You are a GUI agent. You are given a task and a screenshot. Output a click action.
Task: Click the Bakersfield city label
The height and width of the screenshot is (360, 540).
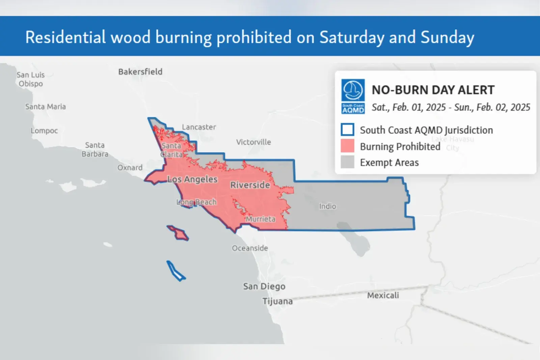[x=140, y=72]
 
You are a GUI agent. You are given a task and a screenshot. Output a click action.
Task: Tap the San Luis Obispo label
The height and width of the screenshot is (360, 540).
[x=31, y=79]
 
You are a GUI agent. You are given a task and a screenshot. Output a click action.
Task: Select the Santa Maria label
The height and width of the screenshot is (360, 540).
[x=46, y=107]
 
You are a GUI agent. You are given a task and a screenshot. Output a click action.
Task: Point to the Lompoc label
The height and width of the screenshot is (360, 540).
[x=44, y=131]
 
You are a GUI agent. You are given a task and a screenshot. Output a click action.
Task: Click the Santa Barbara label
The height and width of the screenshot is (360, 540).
[x=95, y=150]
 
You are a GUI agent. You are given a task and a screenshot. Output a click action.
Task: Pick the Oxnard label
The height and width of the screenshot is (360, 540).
[x=130, y=168]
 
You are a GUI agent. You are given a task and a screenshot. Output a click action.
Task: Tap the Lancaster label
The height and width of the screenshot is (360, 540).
[x=199, y=127]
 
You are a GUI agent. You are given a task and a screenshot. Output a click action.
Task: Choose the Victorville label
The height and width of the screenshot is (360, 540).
[x=253, y=142]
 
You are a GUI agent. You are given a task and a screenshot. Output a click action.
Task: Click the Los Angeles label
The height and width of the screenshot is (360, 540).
[x=192, y=179]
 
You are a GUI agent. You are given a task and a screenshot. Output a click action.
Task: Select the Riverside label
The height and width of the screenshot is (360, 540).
[x=250, y=185]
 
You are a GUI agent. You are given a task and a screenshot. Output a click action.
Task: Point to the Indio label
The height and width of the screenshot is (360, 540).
[x=327, y=206]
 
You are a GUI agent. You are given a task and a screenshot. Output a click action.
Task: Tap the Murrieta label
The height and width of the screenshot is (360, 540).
[x=261, y=219]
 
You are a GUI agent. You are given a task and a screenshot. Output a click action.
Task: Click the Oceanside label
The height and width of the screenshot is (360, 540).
[x=250, y=248]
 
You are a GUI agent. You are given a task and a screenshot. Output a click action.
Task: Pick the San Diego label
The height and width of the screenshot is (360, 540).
[x=264, y=286]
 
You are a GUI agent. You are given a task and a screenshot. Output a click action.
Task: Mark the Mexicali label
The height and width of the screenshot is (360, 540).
[x=383, y=295]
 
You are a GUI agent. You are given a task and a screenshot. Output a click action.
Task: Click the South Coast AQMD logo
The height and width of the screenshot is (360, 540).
[x=353, y=96]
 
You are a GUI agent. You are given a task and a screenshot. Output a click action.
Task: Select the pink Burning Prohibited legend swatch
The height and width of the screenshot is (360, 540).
[x=347, y=146]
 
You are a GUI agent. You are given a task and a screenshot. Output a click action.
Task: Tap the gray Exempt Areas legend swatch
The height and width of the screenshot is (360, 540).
[x=347, y=162]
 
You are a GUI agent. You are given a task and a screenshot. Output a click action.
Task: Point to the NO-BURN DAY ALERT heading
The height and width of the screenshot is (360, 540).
[x=433, y=90]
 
